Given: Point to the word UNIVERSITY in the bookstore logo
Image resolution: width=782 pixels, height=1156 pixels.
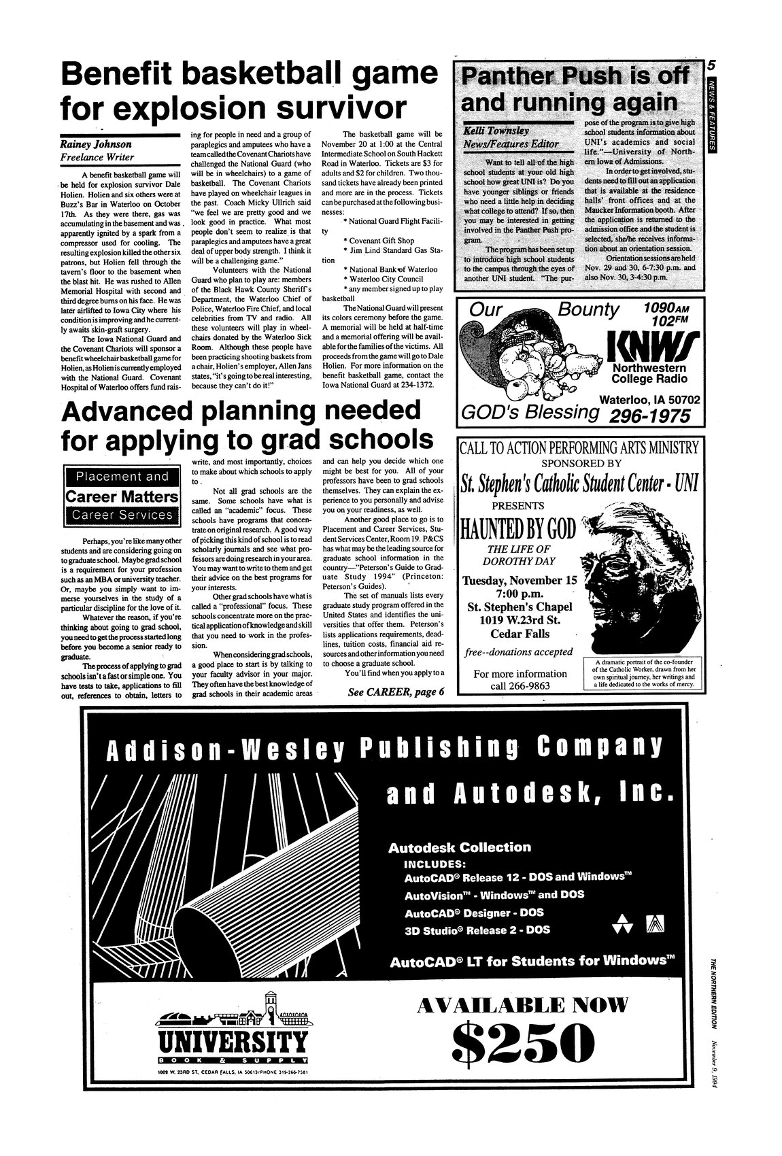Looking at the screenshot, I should [231, 1041].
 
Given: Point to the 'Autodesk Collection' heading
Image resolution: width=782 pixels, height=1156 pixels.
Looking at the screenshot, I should [459, 847].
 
